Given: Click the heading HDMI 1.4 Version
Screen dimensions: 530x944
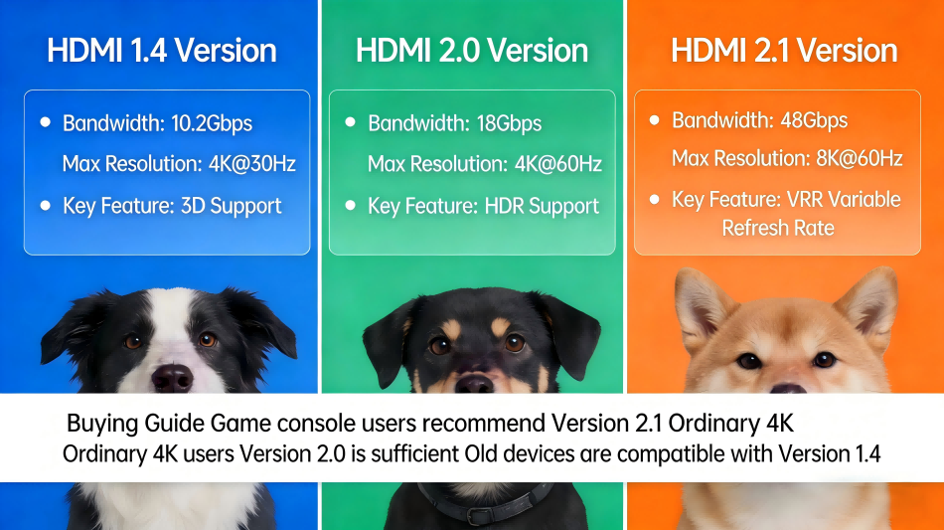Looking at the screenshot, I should coord(161,51).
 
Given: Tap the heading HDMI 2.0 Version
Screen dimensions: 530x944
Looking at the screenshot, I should coord(472,51).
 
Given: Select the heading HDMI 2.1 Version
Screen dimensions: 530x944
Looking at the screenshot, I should coord(784,51).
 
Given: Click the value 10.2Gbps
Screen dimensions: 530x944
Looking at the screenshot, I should coord(212,123).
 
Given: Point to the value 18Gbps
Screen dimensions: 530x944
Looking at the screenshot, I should coord(509,123).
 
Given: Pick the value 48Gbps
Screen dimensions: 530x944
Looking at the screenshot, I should coord(814,120).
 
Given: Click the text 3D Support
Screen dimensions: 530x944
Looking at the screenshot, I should coord(231,206).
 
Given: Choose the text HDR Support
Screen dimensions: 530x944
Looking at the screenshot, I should coord(542,206).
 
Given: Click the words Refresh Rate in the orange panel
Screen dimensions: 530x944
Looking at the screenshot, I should coord(778,228).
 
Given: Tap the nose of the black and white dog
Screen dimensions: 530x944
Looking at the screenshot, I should coord(172,377).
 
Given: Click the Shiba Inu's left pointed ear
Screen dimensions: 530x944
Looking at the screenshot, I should coord(701,303).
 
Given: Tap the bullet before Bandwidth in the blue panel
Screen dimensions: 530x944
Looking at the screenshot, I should coord(45,121).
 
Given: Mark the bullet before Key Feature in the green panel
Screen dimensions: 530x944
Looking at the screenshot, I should coord(350,205).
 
